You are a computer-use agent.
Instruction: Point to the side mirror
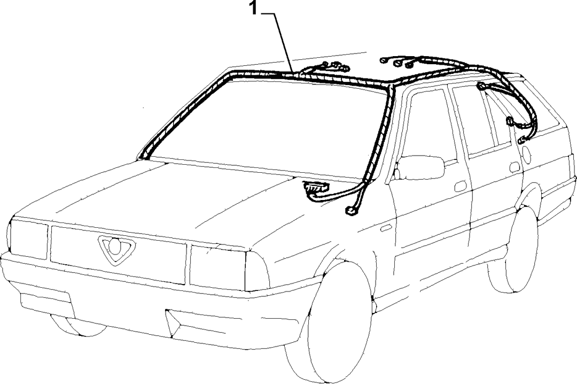pyautogui.click(x=419, y=168)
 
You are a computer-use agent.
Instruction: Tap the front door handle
pyautogui.click(x=461, y=187)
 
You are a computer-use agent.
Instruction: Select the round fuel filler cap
pyautogui.click(x=526, y=155)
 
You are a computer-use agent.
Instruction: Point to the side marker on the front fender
pyautogui.click(x=386, y=228)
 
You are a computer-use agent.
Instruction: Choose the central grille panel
pyautogui.click(x=118, y=254)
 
